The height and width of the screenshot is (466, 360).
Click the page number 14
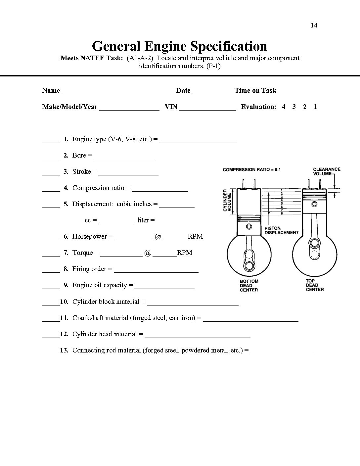pyautogui.click(x=314, y=25)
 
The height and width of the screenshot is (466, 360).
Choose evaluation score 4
pyautogui.click(x=284, y=107)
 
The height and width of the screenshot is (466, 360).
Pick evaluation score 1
pyautogui.click(x=315, y=107)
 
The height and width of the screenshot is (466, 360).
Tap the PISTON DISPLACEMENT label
pyautogui.click(x=281, y=230)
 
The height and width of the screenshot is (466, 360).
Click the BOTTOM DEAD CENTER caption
pyautogui.click(x=249, y=285)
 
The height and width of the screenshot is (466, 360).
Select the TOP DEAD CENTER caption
pyautogui.click(x=315, y=285)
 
